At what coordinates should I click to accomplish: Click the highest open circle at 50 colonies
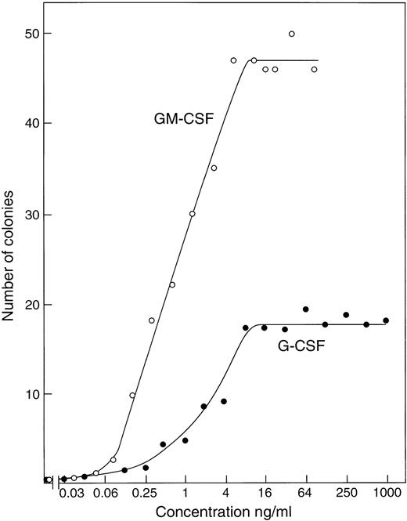pos(291,34)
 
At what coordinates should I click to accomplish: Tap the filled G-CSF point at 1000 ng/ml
pos(386,320)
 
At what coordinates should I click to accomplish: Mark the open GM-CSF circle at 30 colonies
pos(193,214)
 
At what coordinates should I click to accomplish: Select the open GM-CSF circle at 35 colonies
pos(214,168)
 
